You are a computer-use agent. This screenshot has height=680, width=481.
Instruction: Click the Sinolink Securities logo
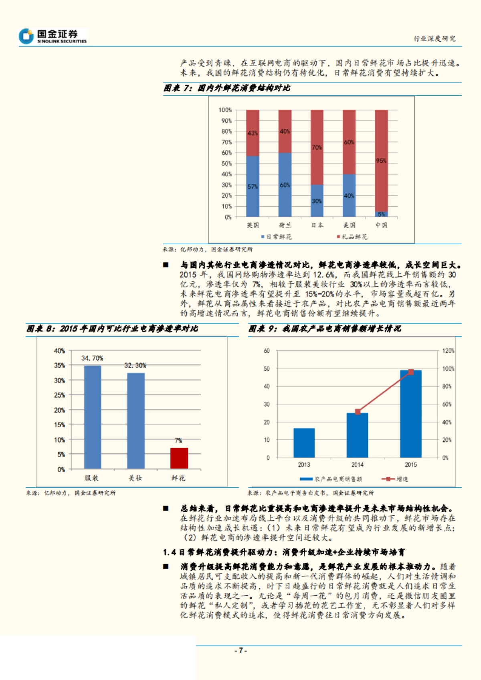[53, 36]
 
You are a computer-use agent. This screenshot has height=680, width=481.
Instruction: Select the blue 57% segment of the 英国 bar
[253, 186]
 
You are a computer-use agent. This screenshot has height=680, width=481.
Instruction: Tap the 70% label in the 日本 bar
[317, 147]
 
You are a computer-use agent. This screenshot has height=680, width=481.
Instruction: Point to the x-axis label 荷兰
[285, 225]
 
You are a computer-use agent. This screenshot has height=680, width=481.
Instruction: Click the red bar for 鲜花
[179, 458]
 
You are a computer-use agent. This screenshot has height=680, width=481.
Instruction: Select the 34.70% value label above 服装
[92, 358]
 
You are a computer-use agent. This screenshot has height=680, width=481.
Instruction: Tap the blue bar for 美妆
[136, 420]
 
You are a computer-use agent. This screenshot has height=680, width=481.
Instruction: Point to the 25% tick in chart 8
[59, 395]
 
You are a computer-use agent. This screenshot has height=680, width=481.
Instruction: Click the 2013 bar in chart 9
[304, 443]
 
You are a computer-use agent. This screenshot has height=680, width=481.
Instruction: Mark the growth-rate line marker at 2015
[410, 372]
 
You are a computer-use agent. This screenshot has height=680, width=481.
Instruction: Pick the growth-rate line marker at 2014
[358, 412]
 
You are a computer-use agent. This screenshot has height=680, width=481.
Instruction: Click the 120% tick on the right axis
[448, 351]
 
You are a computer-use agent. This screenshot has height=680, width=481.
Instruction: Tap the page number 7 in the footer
[240, 650]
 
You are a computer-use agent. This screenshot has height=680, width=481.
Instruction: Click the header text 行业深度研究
[435, 38]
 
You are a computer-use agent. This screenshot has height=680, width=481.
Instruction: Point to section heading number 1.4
[169, 552]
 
